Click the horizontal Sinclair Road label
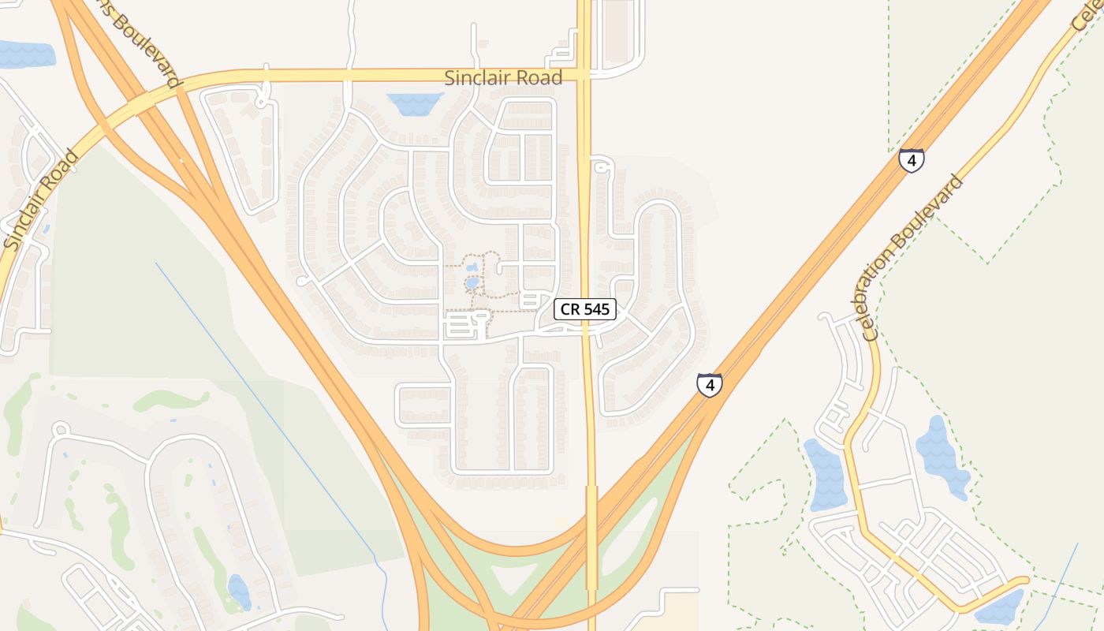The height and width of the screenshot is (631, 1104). (x=503, y=77)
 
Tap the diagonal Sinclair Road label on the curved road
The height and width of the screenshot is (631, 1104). (x=41, y=200)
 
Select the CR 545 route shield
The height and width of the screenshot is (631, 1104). (x=584, y=309)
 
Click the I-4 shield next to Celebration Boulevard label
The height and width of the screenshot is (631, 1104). (x=911, y=160)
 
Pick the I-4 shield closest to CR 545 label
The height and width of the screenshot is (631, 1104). (x=710, y=385)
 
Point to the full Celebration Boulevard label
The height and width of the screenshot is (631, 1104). (x=915, y=258)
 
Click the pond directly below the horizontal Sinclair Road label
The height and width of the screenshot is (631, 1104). (x=415, y=103)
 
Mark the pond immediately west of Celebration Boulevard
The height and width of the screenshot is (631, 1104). (x=826, y=473)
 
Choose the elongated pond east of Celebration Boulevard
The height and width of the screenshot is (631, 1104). (x=942, y=456)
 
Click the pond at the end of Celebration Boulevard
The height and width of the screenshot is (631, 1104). (x=998, y=607)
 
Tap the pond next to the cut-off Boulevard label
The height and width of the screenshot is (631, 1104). (x=28, y=54)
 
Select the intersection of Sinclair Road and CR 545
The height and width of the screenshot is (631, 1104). (x=584, y=74)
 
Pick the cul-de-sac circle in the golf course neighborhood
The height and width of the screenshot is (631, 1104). (x=61, y=430)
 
